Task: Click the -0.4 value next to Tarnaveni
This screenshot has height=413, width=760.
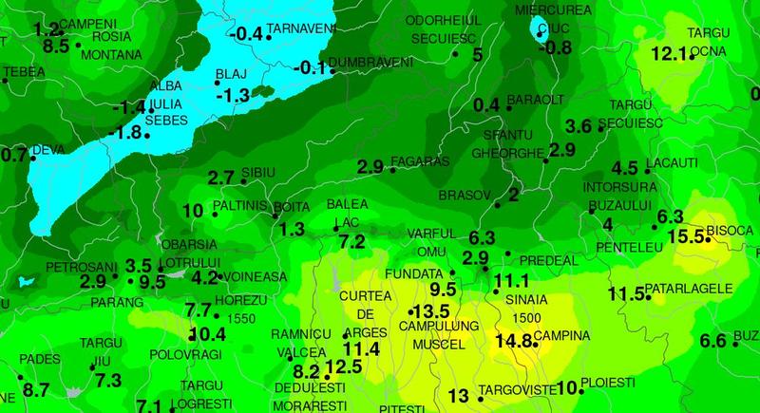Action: pyautogui.click(x=248, y=34)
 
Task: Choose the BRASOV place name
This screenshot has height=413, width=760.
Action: pyautogui.click(x=464, y=195)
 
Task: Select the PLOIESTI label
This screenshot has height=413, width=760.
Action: pyautogui.click(x=608, y=381)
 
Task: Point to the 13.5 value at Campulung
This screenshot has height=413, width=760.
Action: pyautogui.click(x=429, y=312)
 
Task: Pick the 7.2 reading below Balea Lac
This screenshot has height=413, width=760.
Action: pyautogui.click(x=351, y=241)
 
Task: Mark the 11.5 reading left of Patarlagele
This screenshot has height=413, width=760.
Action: pyautogui.click(x=627, y=293)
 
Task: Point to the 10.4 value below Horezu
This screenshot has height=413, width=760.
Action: pyautogui.click(x=208, y=333)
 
